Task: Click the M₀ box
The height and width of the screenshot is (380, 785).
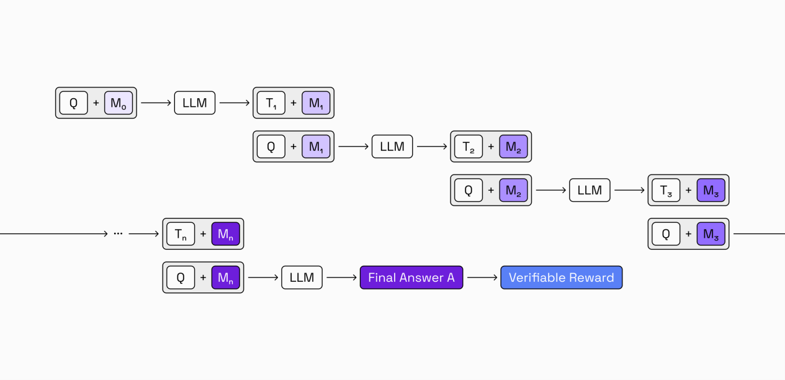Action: [x=118, y=103]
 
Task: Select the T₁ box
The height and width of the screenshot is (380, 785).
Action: [x=271, y=103]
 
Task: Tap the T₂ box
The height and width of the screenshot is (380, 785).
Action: [x=469, y=147]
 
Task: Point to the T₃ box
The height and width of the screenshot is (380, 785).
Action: [x=666, y=190]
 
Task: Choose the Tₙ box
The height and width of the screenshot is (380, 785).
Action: [x=181, y=233]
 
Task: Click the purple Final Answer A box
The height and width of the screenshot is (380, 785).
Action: [x=411, y=278]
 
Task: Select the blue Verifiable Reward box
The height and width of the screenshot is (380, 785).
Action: [x=561, y=278]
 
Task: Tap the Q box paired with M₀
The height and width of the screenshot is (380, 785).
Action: [x=74, y=103]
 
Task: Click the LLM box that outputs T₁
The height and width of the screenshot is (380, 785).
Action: [x=195, y=103]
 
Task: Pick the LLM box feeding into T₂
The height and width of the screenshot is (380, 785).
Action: [x=392, y=147]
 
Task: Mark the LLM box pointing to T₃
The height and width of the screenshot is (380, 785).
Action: [x=590, y=190]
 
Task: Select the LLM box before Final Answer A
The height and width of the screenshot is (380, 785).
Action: [x=302, y=278]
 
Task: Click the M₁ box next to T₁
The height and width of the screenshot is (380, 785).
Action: [x=316, y=103]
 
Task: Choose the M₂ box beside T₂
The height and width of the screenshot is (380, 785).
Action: [x=513, y=147]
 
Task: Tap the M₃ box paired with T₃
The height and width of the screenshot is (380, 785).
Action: [x=711, y=190]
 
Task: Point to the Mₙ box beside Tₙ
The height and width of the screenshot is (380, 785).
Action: [x=225, y=233]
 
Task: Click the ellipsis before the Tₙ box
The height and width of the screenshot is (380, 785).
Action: [x=118, y=234]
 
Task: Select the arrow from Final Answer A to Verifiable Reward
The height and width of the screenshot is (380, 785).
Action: [x=482, y=278]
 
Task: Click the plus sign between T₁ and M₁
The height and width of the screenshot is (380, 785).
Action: [x=294, y=103]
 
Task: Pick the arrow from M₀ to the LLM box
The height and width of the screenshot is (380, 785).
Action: [x=156, y=103]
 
